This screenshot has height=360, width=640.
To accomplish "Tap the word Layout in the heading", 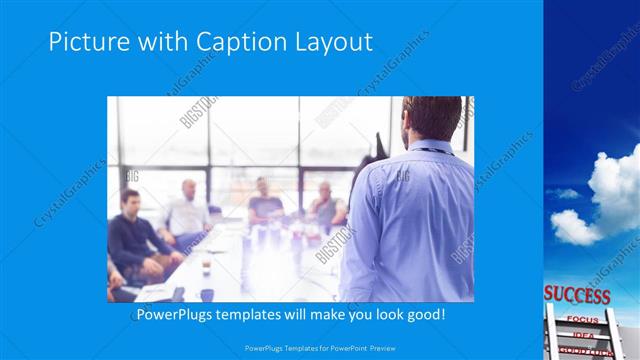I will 334,43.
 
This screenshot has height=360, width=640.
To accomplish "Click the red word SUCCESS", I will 577,296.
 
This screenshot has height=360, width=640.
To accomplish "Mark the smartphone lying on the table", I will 178,293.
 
